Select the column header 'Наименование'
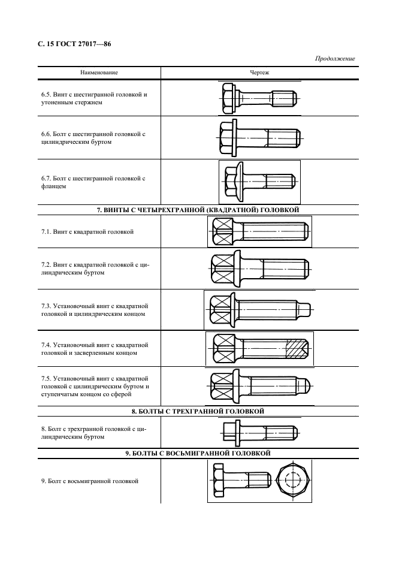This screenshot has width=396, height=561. click(99, 73)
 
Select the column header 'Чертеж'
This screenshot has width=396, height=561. click(259, 73)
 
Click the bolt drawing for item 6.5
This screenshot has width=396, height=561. click(259, 98)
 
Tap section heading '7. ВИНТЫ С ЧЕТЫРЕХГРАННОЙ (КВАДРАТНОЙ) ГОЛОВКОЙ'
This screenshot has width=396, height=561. click(198, 210)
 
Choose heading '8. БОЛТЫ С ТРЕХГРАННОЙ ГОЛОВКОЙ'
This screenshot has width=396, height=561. click(198, 412)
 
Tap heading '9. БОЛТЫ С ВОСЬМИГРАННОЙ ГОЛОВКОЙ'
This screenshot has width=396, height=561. click(198, 453)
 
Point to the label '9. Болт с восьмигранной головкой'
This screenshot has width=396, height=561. click(90, 481)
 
